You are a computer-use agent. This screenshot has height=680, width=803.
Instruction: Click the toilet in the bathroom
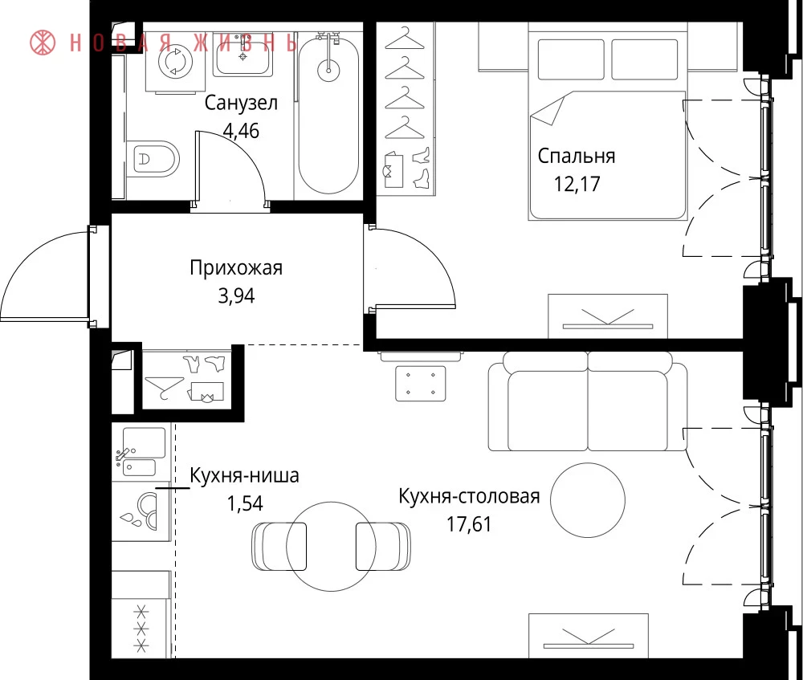click(153, 159)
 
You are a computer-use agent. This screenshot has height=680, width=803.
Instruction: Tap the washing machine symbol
click(175, 63)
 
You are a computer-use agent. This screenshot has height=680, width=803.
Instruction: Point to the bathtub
click(328, 116)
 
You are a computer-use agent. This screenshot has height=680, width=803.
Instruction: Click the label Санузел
click(241, 103)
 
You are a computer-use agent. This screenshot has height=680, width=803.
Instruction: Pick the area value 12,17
click(577, 184)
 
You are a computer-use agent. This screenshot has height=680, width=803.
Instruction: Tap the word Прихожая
click(236, 268)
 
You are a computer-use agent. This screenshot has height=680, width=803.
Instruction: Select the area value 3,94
click(236, 295)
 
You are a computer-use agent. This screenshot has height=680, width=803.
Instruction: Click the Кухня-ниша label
click(244, 476)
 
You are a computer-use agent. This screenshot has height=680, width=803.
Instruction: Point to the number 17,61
click(469, 524)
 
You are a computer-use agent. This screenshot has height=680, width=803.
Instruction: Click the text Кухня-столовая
click(469, 496)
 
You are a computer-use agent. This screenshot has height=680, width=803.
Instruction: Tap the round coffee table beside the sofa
click(588, 499)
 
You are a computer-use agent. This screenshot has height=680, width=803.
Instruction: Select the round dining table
click(332, 547)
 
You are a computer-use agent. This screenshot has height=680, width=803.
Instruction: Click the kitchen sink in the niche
click(139, 452)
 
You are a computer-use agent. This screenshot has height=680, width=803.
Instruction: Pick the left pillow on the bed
click(570, 59)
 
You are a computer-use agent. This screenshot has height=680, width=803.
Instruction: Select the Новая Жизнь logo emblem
click(43, 43)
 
